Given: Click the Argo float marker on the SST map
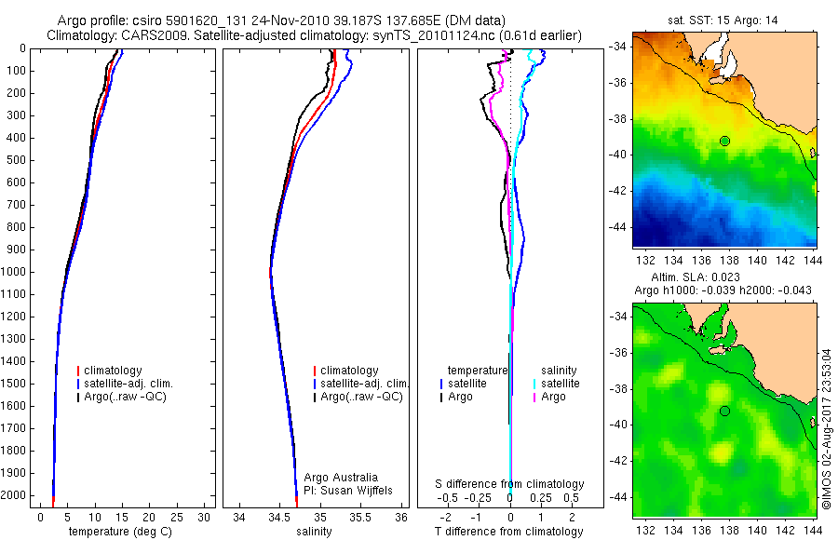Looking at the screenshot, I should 724,141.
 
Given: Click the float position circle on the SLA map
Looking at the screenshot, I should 724,411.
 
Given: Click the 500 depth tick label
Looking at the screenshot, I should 17,160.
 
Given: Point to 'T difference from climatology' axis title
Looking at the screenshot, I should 510,532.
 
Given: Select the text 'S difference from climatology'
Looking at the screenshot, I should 510,484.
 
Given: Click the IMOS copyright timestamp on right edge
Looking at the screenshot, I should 827,428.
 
